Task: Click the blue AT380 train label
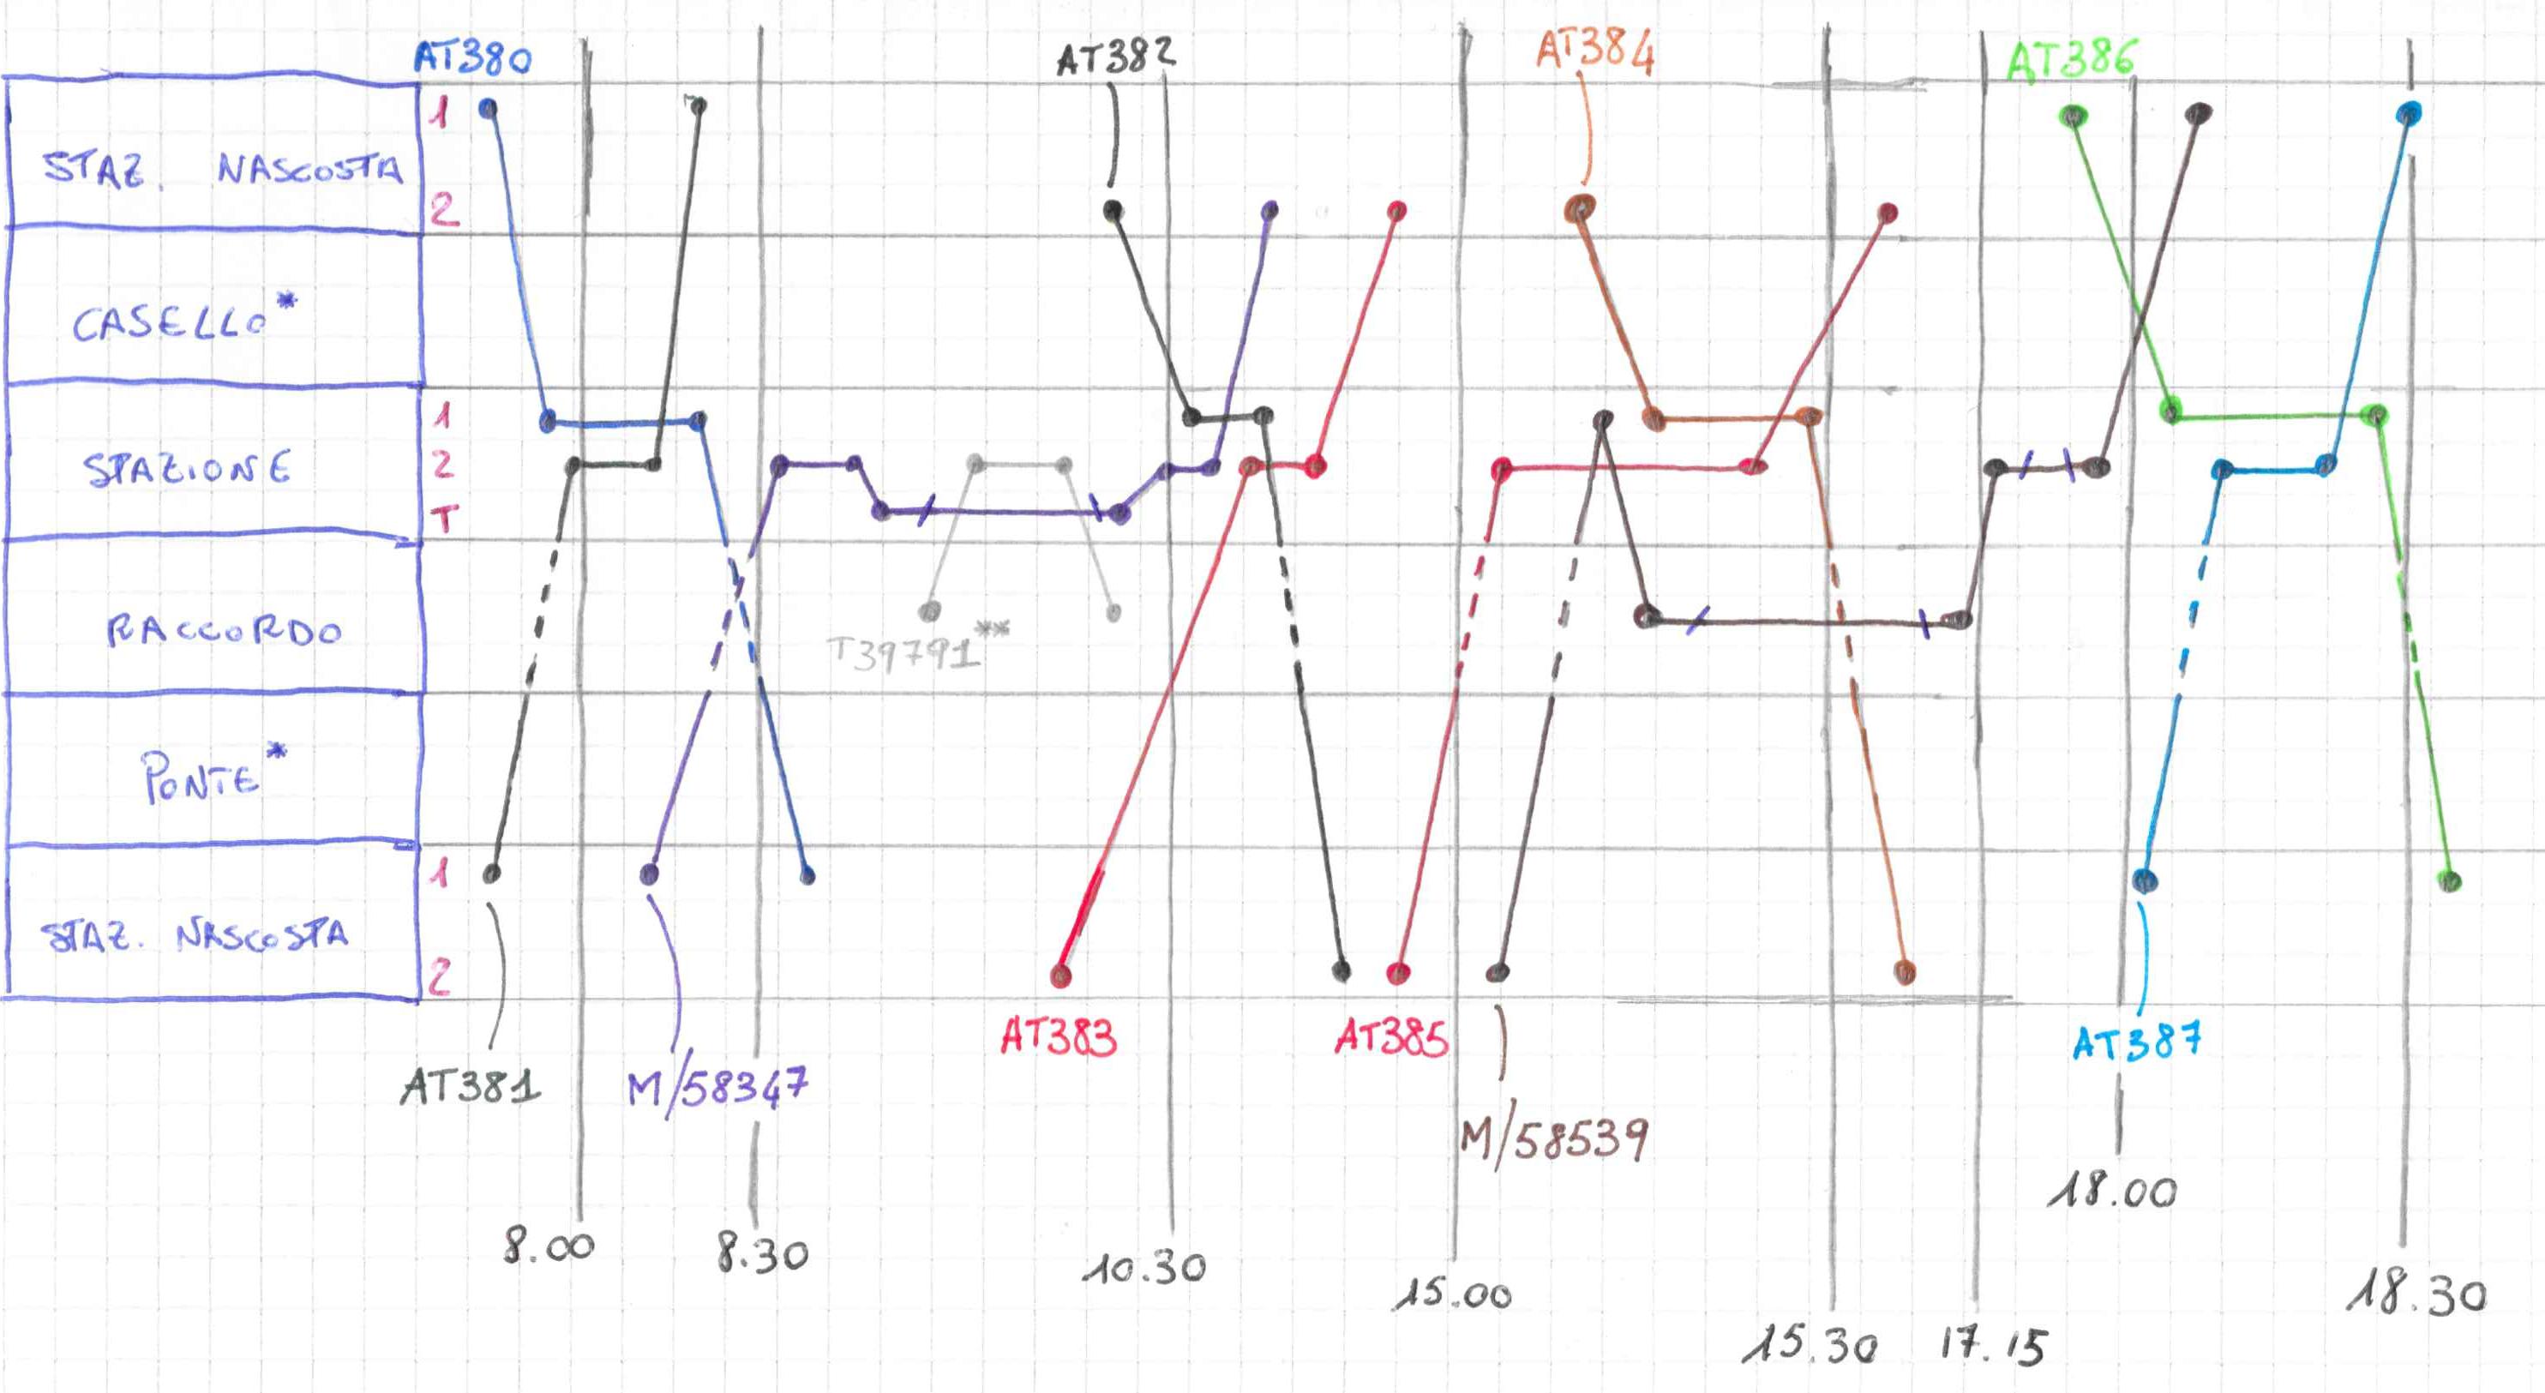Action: tap(472, 57)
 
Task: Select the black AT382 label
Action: tap(1115, 57)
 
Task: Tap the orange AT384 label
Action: tap(1594, 51)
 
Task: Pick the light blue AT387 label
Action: tap(2136, 1042)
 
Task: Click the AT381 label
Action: tap(471, 1087)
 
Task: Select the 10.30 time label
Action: tap(1144, 1268)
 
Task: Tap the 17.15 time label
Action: tap(1993, 1346)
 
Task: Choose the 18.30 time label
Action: tap(2416, 1294)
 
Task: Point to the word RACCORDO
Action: tap(225, 630)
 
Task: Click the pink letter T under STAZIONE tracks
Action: tap(445, 518)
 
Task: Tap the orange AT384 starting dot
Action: tap(1580, 208)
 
